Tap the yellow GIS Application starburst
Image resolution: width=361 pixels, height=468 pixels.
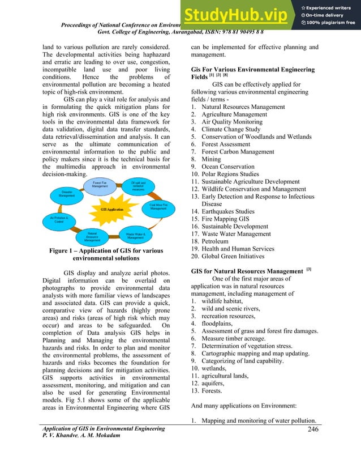pos(111,209)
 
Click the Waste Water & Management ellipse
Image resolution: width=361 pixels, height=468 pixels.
pos(135,235)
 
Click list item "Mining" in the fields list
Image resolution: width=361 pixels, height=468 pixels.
pos(212,160)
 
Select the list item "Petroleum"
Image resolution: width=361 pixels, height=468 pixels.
pos(219,241)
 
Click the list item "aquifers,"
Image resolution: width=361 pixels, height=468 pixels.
pos(216,383)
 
